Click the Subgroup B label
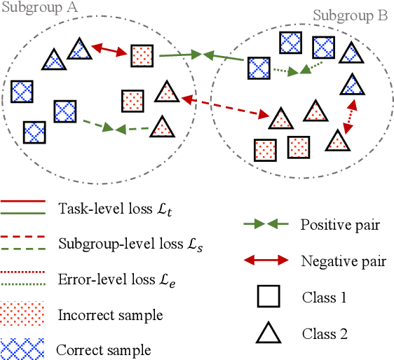click(350, 15)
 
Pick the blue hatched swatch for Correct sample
click(22, 348)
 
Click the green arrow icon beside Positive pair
click(265, 225)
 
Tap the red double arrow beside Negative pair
click(265, 261)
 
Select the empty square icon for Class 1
click(266, 297)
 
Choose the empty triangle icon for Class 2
click(266, 332)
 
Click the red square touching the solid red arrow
click(142, 55)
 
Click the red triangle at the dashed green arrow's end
click(163, 127)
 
